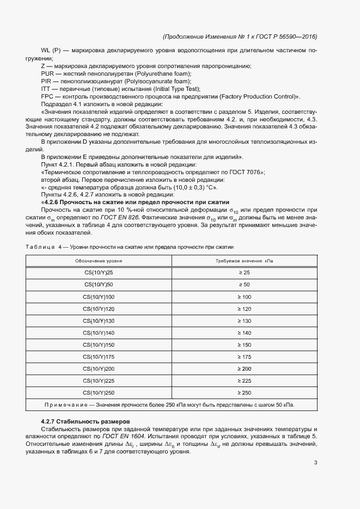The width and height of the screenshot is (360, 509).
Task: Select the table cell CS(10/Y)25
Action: point(99,273)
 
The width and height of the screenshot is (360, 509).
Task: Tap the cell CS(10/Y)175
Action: point(99,357)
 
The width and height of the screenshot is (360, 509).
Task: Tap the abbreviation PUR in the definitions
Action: point(47,73)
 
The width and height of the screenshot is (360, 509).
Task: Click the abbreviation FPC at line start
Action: point(47,96)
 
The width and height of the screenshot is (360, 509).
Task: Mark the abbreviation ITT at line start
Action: point(46,89)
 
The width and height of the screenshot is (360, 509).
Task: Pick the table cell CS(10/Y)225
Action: point(99,381)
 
